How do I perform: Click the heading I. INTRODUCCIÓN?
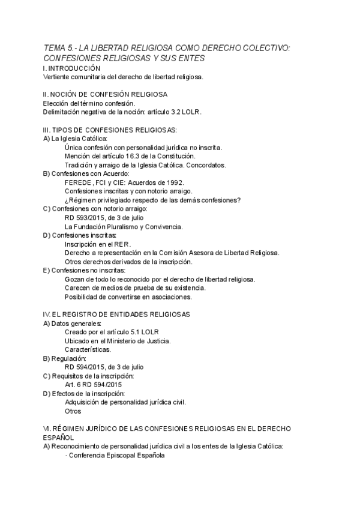pos(76,68)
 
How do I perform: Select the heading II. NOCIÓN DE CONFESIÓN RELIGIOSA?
pos(106,94)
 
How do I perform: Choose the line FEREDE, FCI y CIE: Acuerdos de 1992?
pos(124,182)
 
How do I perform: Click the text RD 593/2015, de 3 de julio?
pos(104,217)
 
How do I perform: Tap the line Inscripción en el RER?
pos(98,244)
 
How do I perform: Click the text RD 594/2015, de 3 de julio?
pos(104,367)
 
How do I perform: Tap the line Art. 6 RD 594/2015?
pos(94,384)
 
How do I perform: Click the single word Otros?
pos(73,411)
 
